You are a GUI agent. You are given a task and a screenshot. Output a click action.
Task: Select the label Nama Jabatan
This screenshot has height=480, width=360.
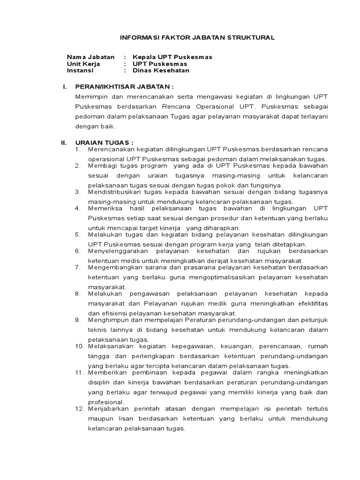point(90,57)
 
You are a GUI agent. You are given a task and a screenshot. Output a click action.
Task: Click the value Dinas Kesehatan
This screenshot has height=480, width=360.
point(161,70)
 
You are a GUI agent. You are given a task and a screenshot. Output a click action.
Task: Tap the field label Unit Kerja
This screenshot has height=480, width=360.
point(83,64)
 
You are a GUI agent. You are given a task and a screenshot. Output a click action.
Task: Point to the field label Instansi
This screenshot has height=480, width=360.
point(80,70)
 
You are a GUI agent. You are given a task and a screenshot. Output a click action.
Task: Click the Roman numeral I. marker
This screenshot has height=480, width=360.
point(66,87)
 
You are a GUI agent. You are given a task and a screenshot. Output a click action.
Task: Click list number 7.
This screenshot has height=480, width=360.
point(78,267)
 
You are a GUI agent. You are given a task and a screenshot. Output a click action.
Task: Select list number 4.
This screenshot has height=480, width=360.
point(78,208)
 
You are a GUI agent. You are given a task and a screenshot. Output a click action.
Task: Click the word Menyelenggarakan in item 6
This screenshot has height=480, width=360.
point(115,251)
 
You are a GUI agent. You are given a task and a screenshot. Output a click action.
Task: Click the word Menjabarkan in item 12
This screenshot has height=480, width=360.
point(107,409)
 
